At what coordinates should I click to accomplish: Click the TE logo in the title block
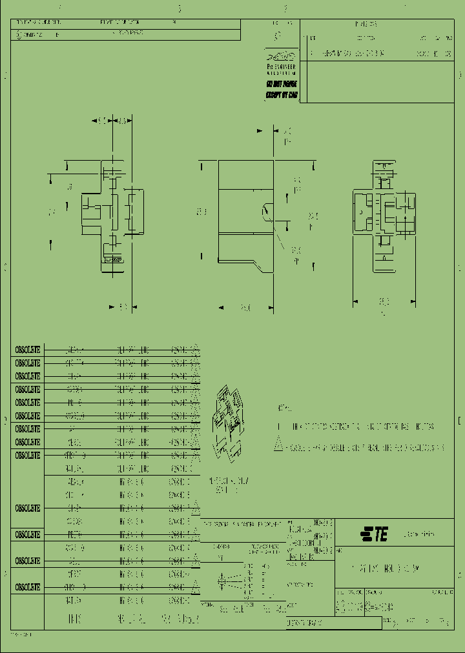click(x=374, y=534)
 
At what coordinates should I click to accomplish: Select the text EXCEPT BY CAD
click(x=282, y=94)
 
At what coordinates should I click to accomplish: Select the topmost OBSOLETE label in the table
click(x=28, y=349)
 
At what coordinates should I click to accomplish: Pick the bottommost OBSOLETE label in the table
click(x=28, y=587)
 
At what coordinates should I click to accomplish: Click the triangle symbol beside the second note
click(x=279, y=446)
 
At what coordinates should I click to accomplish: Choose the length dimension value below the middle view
click(x=245, y=308)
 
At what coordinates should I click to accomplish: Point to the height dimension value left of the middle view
click(x=201, y=212)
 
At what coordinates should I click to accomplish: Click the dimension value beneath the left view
click(x=122, y=307)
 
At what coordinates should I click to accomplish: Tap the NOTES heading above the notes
click(x=284, y=408)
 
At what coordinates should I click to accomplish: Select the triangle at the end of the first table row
click(x=196, y=349)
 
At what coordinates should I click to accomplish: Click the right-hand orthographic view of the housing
click(x=383, y=212)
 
